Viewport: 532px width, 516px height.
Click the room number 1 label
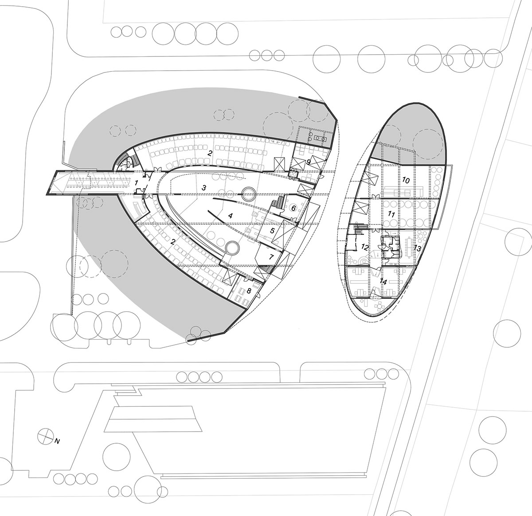tap(137, 182)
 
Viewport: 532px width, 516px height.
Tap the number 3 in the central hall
tap(203, 187)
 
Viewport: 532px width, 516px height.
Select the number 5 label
tap(272, 230)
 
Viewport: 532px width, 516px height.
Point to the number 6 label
tap(293, 208)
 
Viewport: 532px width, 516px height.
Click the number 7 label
tap(271, 257)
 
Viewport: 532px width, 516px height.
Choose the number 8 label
tap(249, 291)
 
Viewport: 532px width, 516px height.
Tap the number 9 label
tap(309, 162)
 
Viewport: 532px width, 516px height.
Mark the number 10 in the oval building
tap(406, 180)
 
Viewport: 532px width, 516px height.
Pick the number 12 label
tap(365, 247)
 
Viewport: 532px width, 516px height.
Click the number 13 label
tap(418, 248)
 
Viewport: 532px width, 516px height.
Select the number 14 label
tap(383, 282)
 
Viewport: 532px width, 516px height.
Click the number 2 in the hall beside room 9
tap(209, 153)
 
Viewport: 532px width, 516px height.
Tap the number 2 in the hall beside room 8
tap(172, 242)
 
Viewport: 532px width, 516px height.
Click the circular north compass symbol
tap(44, 434)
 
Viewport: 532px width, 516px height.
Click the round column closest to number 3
tap(248, 194)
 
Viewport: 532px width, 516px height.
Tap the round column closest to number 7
tap(232, 248)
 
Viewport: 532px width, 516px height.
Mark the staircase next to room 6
tap(278, 203)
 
